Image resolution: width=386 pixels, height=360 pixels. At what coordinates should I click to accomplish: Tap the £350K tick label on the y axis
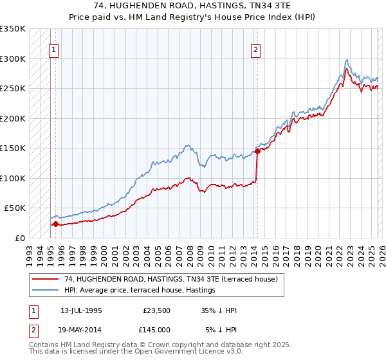pyautogui.click(x=13, y=29)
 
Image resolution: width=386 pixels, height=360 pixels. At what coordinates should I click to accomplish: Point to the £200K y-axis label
pyautogui.click(x=13, y=118)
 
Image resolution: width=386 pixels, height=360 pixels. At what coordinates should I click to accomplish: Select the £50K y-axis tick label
pyautogui.click(x=15, y=208)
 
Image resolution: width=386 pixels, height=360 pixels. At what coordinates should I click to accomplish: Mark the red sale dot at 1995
pyautogui.click(x=55, y=224)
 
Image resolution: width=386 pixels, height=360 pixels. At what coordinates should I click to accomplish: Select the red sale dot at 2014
pyautogui.click(x=257, y=152)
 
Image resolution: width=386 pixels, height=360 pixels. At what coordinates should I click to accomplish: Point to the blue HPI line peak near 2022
pyautogui.click(x=347, y=59)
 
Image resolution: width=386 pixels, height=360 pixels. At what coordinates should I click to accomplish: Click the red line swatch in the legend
pyautogui.click(x=46, y=280)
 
